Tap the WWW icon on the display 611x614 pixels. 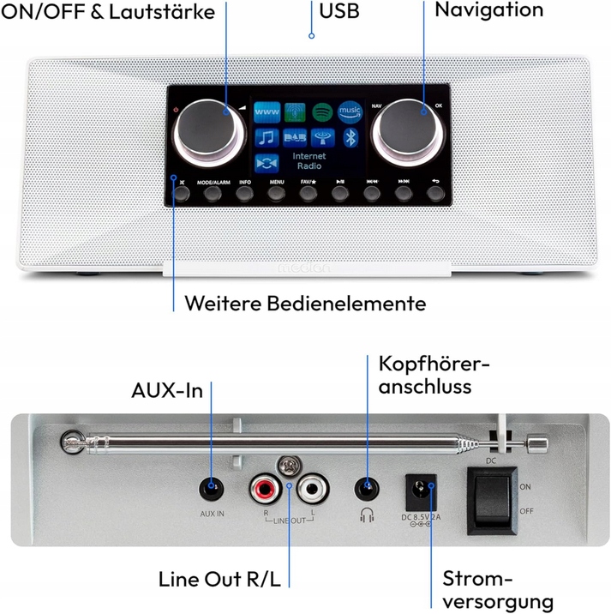[267, 112]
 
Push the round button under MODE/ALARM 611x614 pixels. [213, 195]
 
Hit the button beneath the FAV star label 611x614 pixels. [308, 195]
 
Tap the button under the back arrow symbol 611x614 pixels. [436, 195]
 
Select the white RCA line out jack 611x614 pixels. [314, 491]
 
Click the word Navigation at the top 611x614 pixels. [488, 10]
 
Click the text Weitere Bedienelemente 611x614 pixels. [306, 304]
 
